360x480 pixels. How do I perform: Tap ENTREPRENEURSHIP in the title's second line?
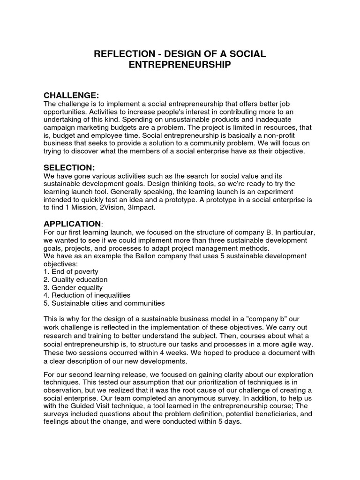pos(180,65)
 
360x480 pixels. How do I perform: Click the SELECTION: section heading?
pos(69,167)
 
